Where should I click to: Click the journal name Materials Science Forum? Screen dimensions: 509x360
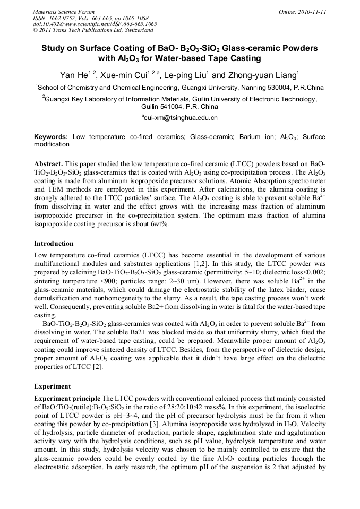pyautogui.click(x=63, y=12)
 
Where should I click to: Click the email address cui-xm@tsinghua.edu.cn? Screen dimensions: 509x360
pyautogui.click(x=181, y=117)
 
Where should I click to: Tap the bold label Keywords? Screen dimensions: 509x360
pyautogui.click(x=51, y=137)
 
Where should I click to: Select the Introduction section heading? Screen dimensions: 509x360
pyautogui.click(x=54, y=244)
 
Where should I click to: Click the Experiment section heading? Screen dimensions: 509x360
pyautogui.click(x=52, y=386)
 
